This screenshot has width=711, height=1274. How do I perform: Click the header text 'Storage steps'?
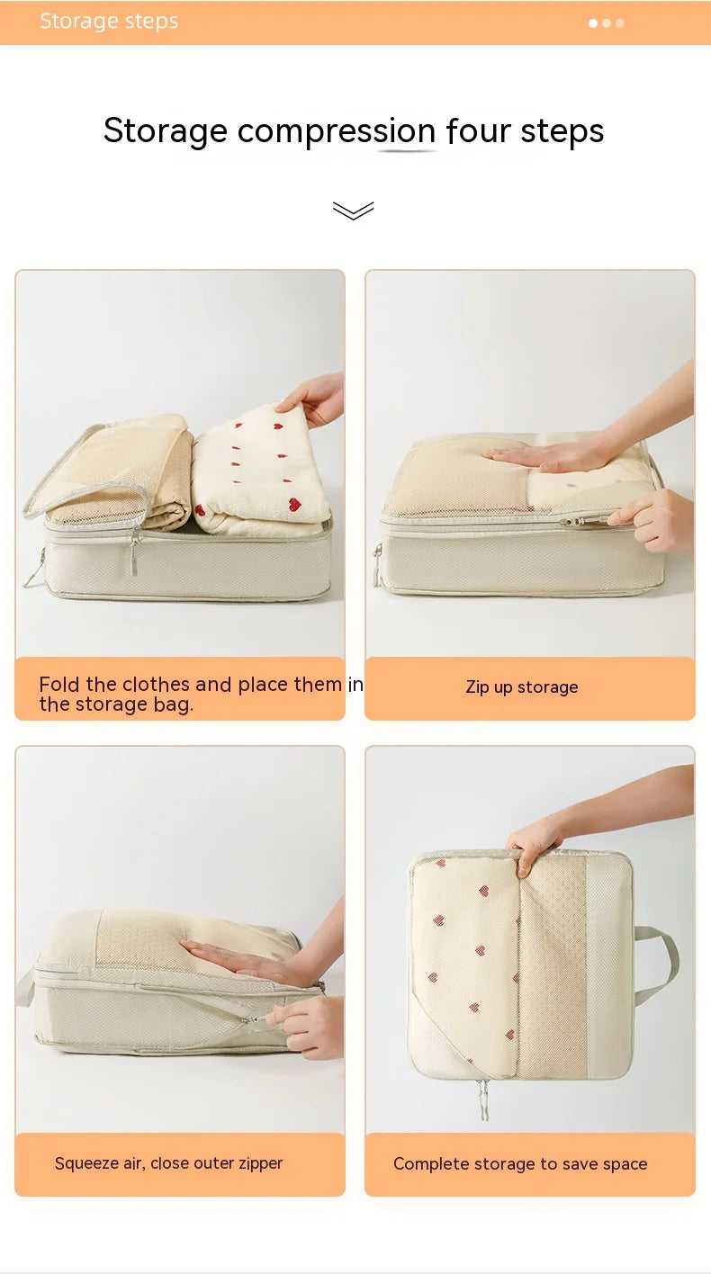coord(109,22)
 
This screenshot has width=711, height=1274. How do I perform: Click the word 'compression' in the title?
coord(337,131)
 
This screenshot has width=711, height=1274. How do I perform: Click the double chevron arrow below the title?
coord(353,211)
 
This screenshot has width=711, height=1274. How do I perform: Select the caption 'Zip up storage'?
coord(522,687)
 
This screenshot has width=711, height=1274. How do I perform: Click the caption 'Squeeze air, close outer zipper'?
coord(168,1163)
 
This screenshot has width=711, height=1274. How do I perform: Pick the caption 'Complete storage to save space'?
coord(520,1164)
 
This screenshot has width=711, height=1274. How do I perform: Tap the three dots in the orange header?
coord(607,23)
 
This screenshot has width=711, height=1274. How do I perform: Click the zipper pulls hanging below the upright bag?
coord(483,1099)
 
